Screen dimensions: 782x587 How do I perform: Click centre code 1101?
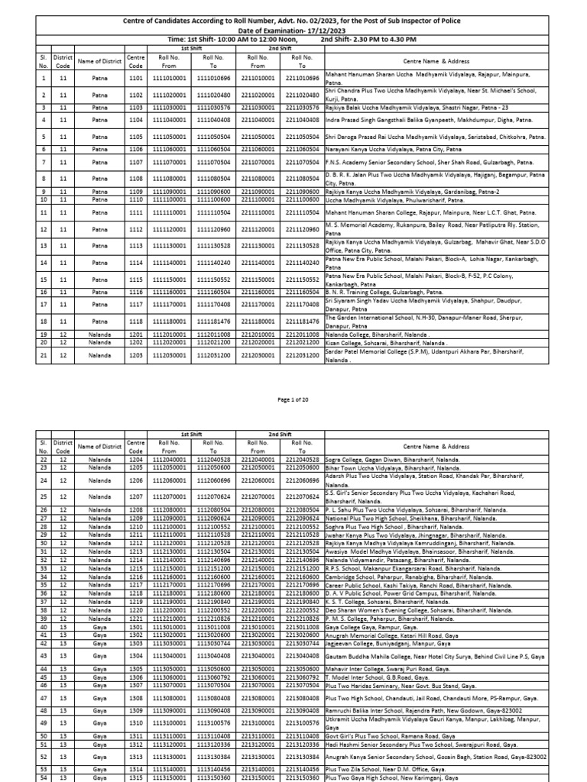[136, 78]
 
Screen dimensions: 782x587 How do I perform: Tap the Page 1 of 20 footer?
[293, 399]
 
